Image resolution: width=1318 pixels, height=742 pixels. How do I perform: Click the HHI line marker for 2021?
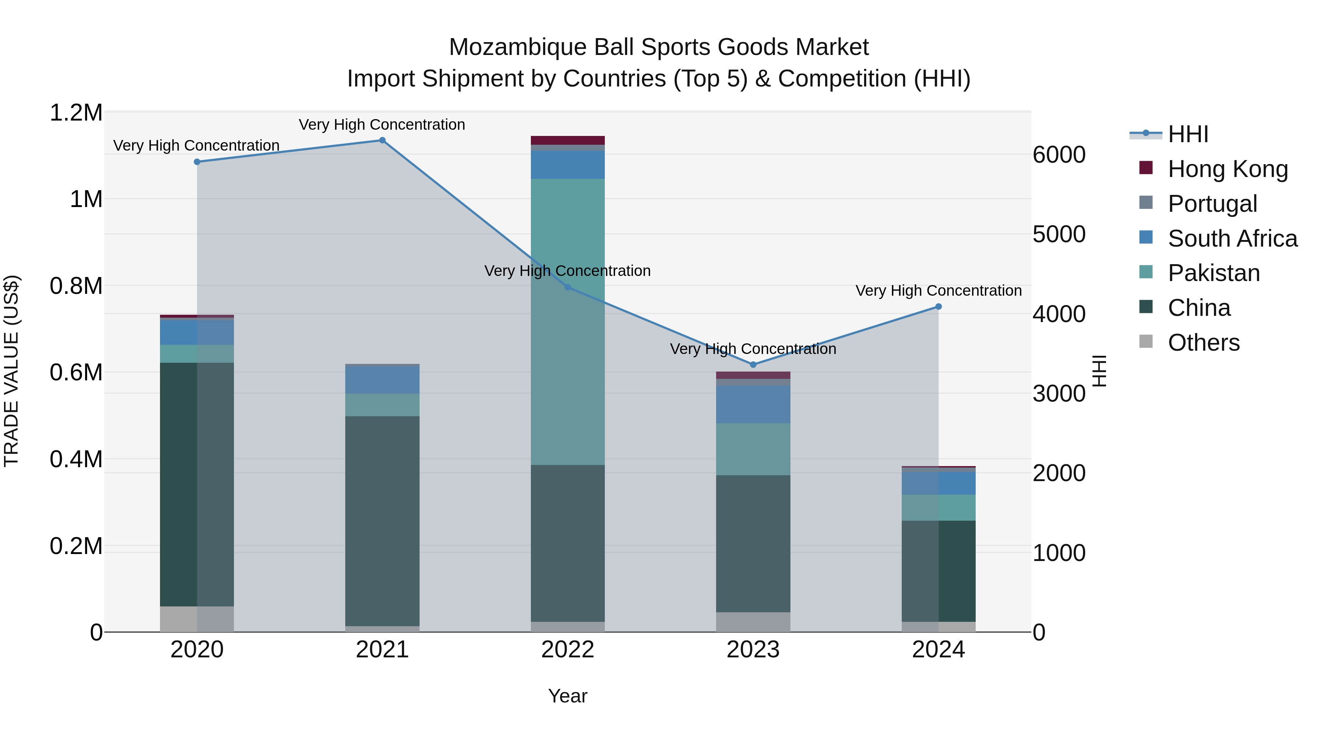tap(382, 140)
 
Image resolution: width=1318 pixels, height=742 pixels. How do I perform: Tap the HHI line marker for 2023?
tap(753, 365)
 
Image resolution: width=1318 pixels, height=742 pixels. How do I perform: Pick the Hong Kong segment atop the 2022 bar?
tap(567, 140)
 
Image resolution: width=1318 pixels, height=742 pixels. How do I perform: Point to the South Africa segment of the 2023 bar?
tap(753, 405)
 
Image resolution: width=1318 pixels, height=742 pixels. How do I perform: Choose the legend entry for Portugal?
tap(1212, 204)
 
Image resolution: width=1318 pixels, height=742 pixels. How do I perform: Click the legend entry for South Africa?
tap(1232, 239)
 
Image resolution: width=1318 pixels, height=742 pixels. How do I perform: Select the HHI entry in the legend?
tap(1188, 134)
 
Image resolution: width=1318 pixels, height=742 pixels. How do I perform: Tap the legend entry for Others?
tap(1203, 343)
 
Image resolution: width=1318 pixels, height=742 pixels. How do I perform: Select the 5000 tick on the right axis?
tap(1058, 234)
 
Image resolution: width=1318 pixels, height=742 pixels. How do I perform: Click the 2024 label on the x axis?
tap(938, 650)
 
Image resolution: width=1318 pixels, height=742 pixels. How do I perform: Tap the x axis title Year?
tap(567, 696)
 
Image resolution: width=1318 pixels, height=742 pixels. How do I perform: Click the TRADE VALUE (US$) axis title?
tap(11, 371)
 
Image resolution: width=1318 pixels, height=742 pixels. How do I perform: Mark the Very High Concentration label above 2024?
tap(938, 290)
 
